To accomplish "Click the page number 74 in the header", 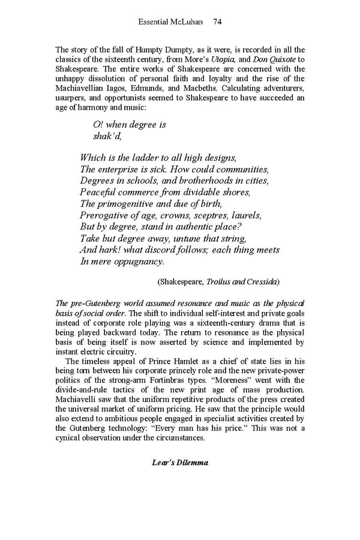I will point(218,22).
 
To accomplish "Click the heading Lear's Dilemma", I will point(180,461).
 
